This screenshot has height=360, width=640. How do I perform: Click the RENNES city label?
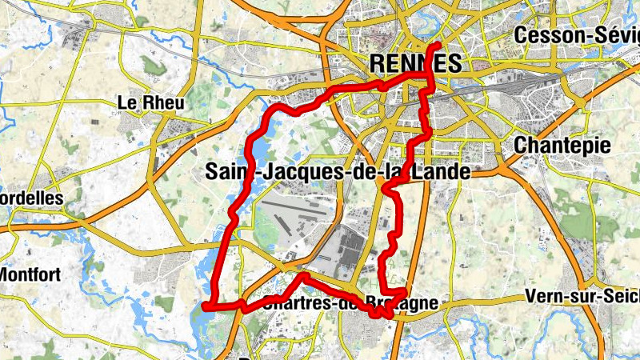(x=415, y=63)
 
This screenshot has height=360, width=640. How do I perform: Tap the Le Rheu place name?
(x=150, y=102)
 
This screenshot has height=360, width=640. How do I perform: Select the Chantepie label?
(x=562, y=145)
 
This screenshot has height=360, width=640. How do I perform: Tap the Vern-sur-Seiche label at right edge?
(x=582, y=296)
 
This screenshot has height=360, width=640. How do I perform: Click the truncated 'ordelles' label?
(x=32, y=196)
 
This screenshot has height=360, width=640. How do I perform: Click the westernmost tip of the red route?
(x=206, y=306)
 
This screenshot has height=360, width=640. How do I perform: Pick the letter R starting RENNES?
(x=378, y=63)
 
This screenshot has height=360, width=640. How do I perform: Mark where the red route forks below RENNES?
(x=426, y=74)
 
